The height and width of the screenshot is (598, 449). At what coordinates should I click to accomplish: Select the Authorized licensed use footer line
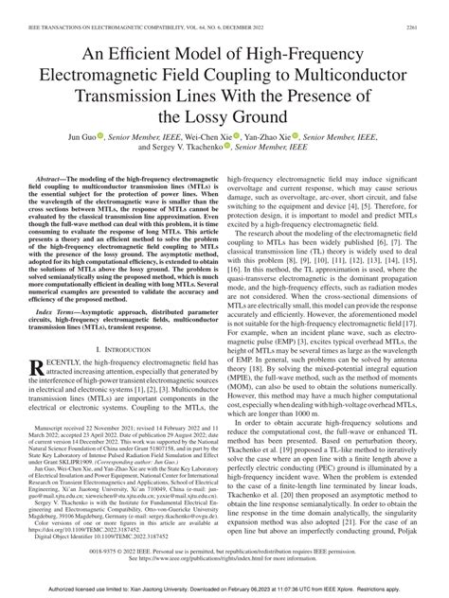pos(224,592)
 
